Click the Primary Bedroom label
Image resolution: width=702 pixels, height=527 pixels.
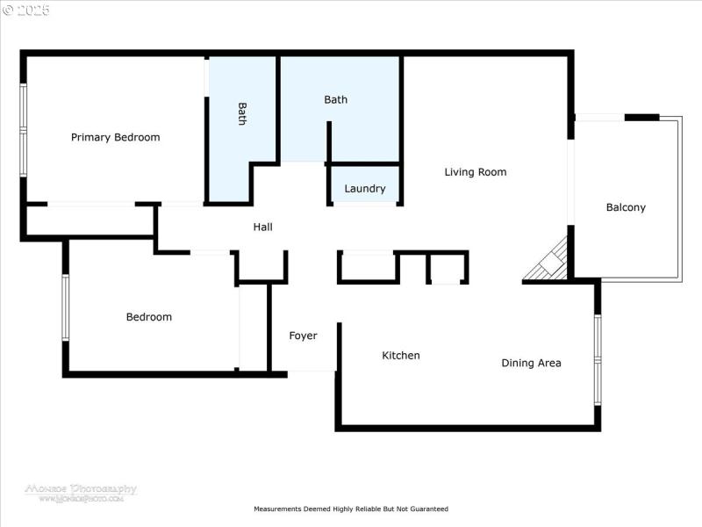click(115, 137)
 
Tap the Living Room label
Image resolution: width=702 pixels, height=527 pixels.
click(475, 172)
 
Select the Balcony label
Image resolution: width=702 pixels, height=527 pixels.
click(626, 207)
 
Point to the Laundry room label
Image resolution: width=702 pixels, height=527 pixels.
click(364, 189)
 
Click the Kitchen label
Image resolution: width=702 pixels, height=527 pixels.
click(400, 356)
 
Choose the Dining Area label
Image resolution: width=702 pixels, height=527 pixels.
click(531, 363)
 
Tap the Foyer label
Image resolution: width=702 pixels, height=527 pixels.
click(303, 336)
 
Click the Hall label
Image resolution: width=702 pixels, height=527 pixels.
click(262, 227)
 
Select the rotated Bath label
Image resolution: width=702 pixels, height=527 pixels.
click(242, 114)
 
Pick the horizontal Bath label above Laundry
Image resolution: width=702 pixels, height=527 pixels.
click(335, 99)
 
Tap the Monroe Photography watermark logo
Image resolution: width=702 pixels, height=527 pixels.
click(81, 492)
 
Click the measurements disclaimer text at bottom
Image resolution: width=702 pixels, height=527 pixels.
click(351, 509)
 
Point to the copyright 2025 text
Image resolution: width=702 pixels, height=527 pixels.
click(26, 11)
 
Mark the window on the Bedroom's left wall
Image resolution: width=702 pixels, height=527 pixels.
click(64, 307)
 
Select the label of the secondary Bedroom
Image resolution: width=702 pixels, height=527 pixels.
click(148, 317)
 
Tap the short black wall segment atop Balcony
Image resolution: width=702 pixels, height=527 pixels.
click(641, 117)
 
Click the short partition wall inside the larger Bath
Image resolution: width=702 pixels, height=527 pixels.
click(330, 141)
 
